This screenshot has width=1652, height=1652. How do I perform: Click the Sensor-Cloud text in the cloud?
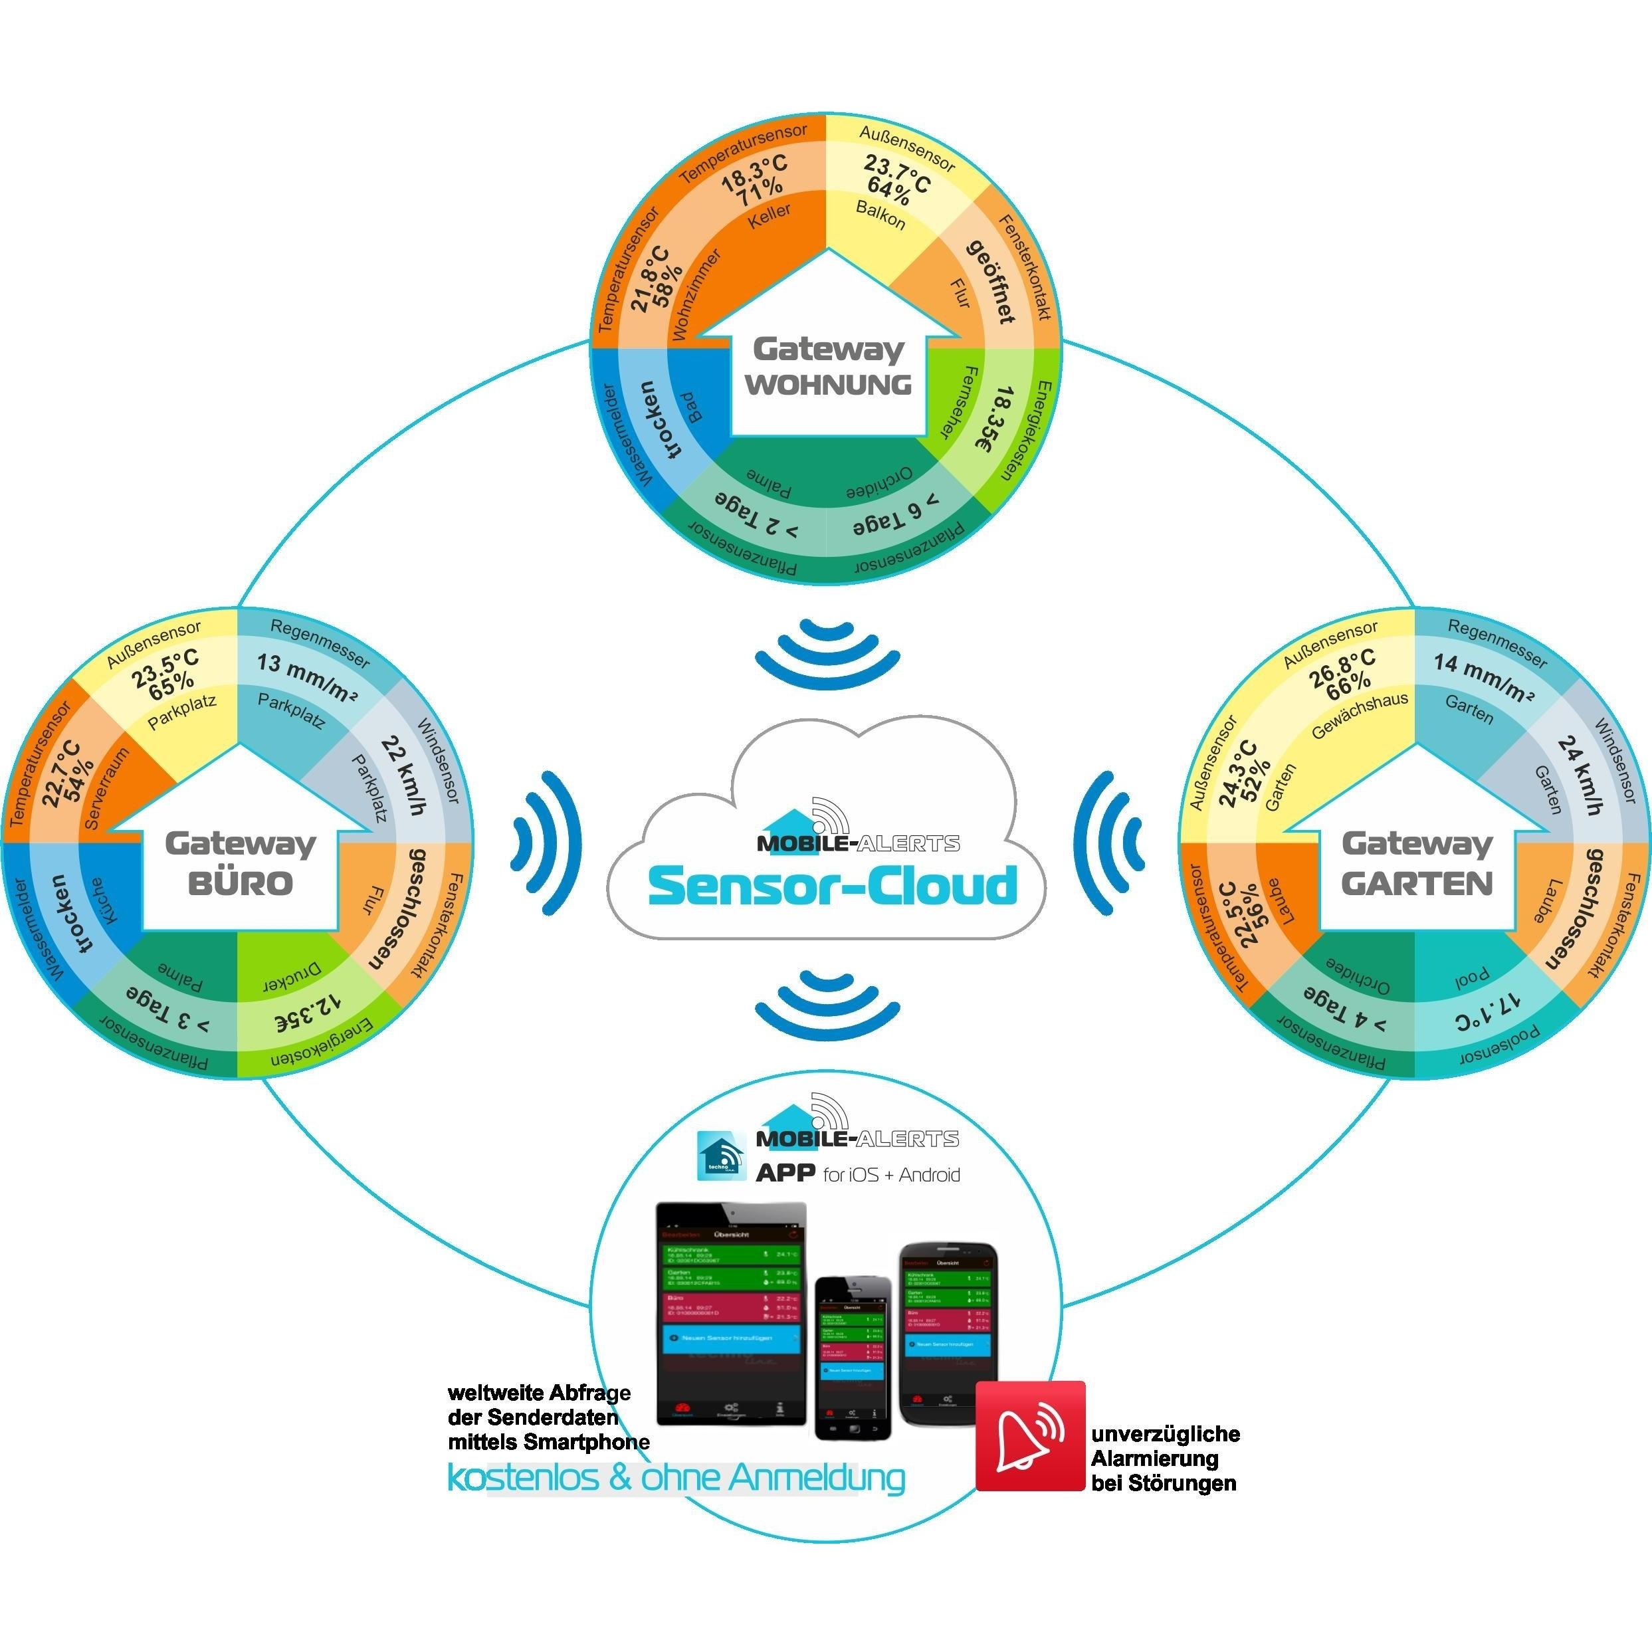click(x=832, y=886)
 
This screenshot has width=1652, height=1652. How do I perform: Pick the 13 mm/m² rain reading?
click(x=307, y=676)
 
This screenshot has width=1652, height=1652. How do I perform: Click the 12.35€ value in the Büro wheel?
click(x=308, y=1013)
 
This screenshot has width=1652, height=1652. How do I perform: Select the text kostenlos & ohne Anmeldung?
click(x=676, y=1479)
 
